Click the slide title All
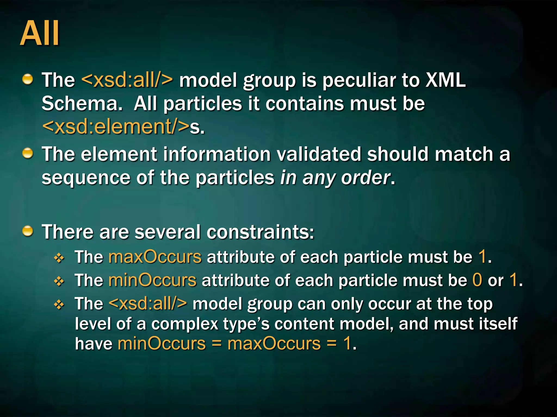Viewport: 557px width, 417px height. [x=40, y=34]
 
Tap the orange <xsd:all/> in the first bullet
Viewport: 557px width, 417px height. [x=127, y=80]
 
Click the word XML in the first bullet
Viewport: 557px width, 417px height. [x=445, y=80]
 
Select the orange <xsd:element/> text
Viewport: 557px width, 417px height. [x=116, y=127]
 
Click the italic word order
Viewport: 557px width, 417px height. [x=365, y=178]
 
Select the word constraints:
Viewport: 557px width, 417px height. [x=260, y=232]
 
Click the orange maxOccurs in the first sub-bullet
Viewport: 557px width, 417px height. [x=155, y=257]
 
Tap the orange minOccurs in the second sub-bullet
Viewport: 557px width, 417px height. [x=152, y=280]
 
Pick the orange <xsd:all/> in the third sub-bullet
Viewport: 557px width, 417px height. [x=148, y=304]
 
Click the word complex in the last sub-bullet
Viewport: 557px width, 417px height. [x=185, y=324]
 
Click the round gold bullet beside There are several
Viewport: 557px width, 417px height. [x=27, y=231]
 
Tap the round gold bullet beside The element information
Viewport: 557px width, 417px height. [x=27, y=153]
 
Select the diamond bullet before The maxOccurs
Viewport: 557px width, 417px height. [x=59, y=258]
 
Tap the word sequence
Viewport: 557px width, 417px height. [x=86, y=178]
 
